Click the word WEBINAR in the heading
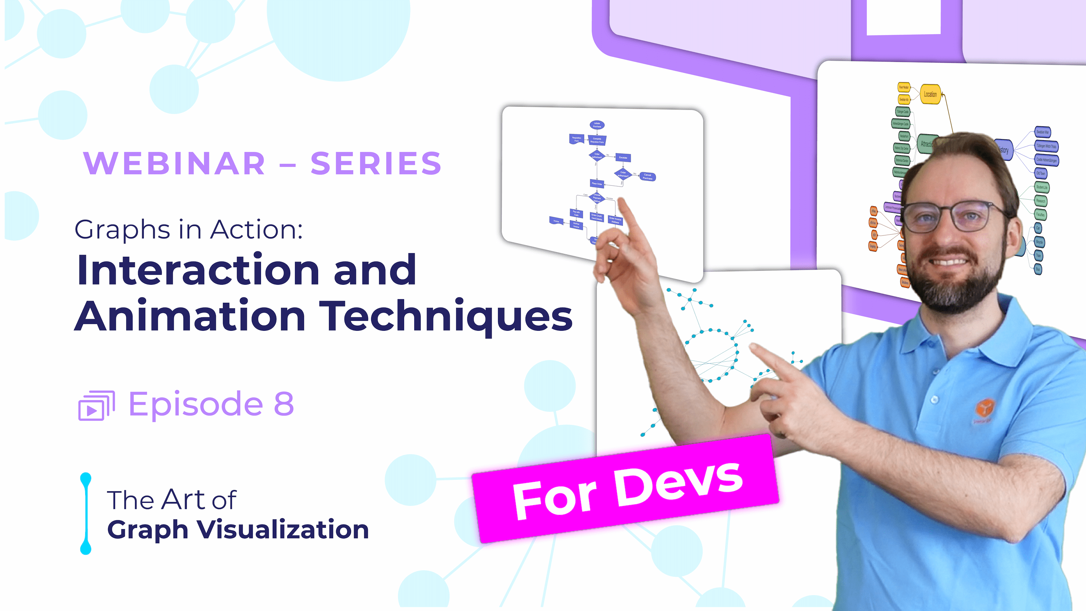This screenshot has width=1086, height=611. point(174,163)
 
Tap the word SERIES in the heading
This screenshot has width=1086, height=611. point(376,163)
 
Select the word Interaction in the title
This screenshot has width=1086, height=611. point(198,270)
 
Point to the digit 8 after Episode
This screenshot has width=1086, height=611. point(284,404)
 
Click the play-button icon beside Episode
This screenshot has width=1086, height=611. point(96,406)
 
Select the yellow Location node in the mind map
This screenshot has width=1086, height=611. point(930,94)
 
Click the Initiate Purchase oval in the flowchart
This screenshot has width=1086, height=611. point(597,125)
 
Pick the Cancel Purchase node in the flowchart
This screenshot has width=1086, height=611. point(648,177)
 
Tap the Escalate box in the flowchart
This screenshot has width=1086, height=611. point(623,157)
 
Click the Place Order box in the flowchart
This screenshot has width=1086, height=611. point(597,183)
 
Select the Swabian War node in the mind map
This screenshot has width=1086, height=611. point(1042,132)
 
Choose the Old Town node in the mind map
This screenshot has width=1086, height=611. point(1041,173)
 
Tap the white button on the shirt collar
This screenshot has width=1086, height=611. point(934,399)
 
